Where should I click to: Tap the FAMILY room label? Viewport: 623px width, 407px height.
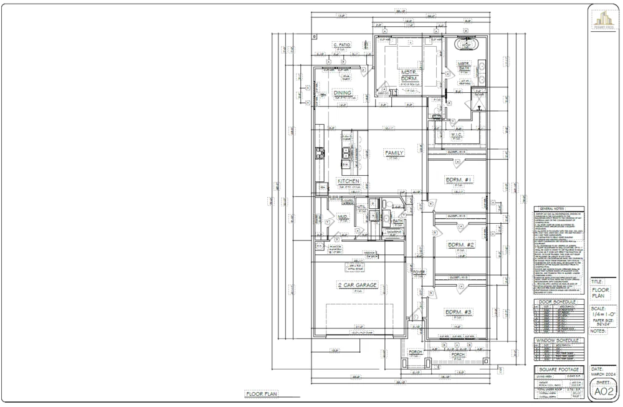coord(394,153)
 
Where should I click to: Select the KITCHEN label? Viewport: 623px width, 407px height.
coord(348,181)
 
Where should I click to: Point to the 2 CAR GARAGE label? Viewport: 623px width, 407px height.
coord(358,285)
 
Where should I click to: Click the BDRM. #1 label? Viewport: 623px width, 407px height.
coord(460,180)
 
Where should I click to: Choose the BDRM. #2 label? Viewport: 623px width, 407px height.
coord(461,245)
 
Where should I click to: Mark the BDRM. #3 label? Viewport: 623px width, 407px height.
coord(460,312)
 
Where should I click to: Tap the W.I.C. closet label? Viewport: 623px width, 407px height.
coord(456,134)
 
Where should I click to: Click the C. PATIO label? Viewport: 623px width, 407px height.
coord(341,44)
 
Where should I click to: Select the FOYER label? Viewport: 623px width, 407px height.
coord(419,272)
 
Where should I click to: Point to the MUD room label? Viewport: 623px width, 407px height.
coord(342,217)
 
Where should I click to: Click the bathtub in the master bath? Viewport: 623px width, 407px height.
coord(466,45)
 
